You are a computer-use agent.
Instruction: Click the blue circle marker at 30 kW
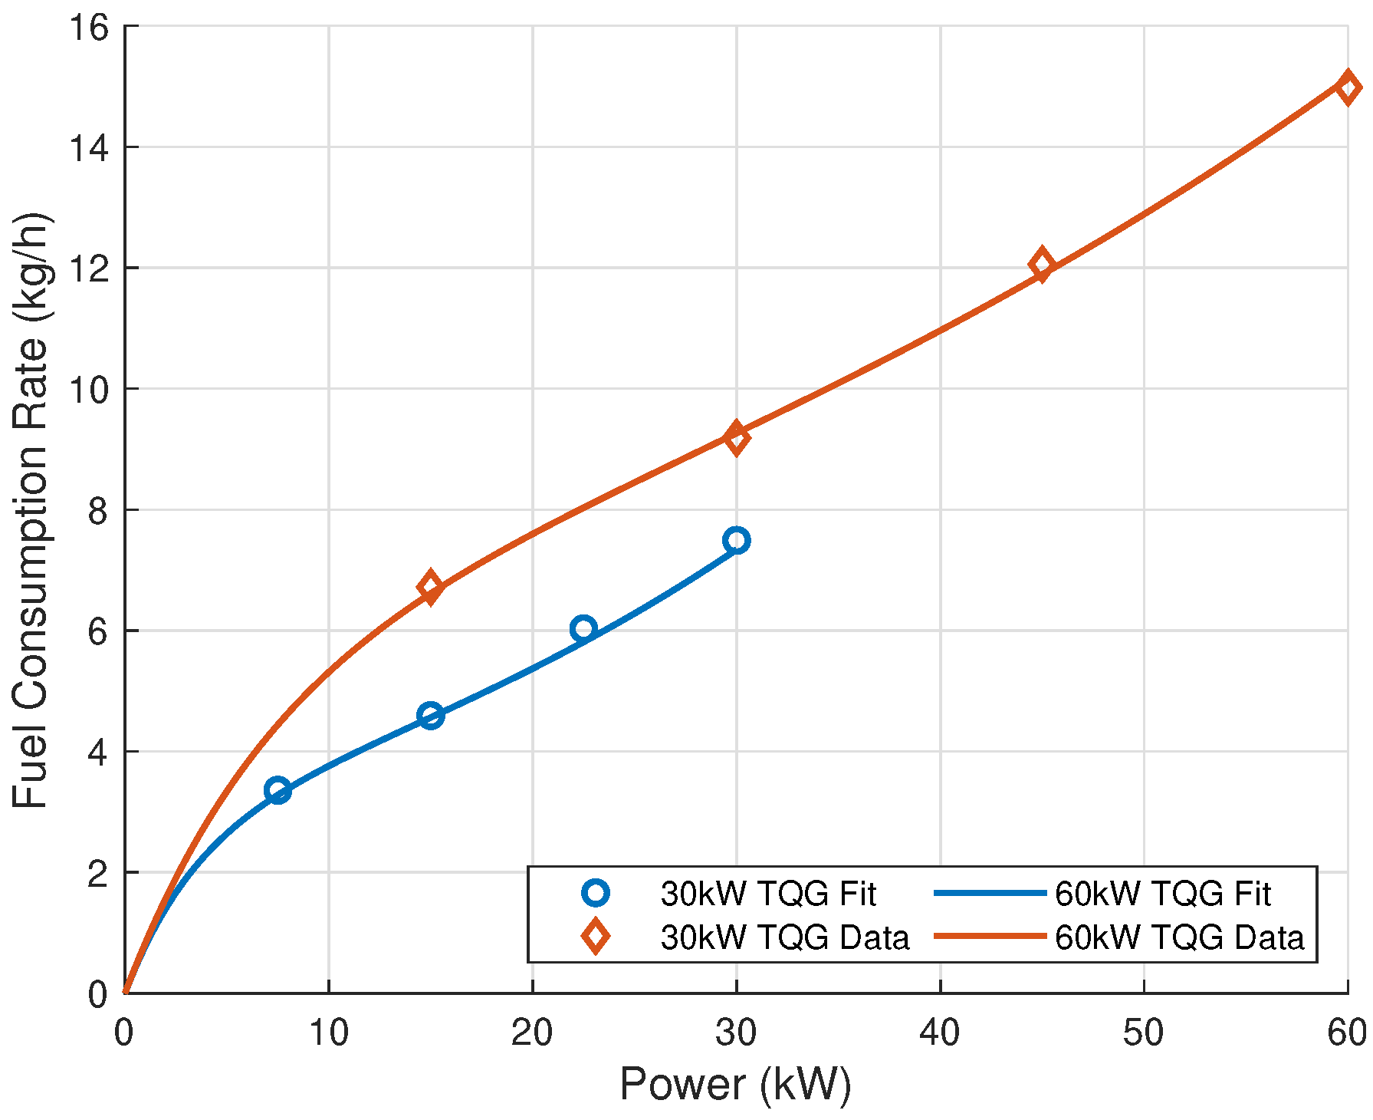click(x=736, y=540)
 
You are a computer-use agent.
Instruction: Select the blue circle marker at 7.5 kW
click(x=278, y=790)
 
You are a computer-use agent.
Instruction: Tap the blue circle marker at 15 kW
click(x=431, y=715)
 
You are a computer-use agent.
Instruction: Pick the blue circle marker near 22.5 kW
click(x=583, y=628)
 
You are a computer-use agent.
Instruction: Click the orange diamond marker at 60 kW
click(x=1348, y=87)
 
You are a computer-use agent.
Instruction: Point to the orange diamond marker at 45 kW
click(x=1041, y=265)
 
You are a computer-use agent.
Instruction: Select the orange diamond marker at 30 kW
click(x=736, y=438)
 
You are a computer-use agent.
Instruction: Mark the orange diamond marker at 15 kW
click(x=430, y=587)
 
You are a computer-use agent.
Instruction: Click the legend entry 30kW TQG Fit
click(x=767, y=894)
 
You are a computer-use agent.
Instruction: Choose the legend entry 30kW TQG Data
click(x=784, y=937)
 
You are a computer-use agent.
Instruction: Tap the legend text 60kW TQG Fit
click(x=1162, y=894)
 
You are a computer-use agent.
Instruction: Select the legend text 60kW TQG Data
click(x=1179, y=937)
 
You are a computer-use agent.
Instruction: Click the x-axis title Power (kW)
click(x=735, y=1084)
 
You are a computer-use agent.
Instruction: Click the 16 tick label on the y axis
click(x=89, y=28)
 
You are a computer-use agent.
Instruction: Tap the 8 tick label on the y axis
click(x=98, y=510)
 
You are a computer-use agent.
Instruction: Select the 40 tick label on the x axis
click(x=940, y=1033)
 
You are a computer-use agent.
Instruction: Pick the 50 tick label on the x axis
click(x=1143, y=1033)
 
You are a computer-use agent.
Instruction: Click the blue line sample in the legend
click(x=990, y=893)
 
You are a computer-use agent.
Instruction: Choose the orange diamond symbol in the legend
click(x=595, y=937)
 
